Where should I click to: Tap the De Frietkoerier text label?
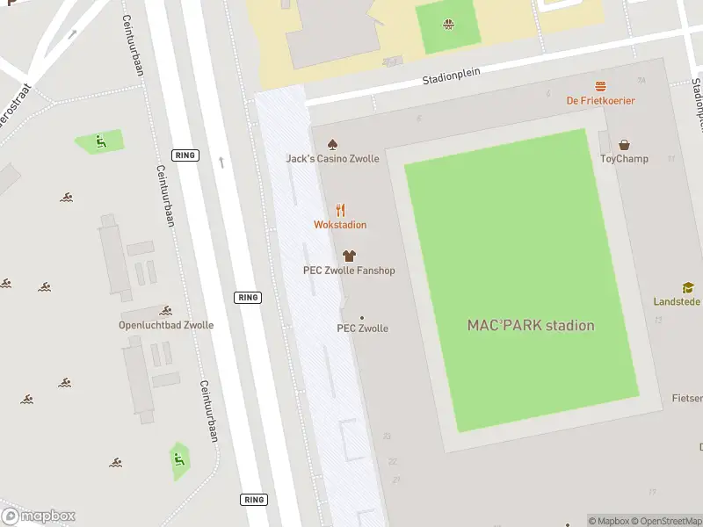coord(600,100)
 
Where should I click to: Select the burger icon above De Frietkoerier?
coord(600,86)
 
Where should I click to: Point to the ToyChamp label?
coord(624,159)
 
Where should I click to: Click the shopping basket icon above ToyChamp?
coord(624,145)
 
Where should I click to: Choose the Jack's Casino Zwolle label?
coord(332,159)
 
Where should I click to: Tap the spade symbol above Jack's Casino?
coord(332,144)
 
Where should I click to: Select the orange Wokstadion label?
coord(340,225)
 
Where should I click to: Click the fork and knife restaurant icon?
coord(340,210)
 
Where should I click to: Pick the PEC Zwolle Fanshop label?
coord(349,271)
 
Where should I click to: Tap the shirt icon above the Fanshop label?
coord(349,256)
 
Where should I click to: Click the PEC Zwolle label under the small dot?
coord(362,328)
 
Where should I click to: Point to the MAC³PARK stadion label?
coord(530,326)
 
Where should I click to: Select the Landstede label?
coord(677,301)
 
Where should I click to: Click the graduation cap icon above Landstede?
coord(688,287)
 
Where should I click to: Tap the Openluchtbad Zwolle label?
coord(166,325)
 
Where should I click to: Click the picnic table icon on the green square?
coord(449,25)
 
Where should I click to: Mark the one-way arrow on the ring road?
coord(221,162)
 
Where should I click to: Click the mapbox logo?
coord(38,516)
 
